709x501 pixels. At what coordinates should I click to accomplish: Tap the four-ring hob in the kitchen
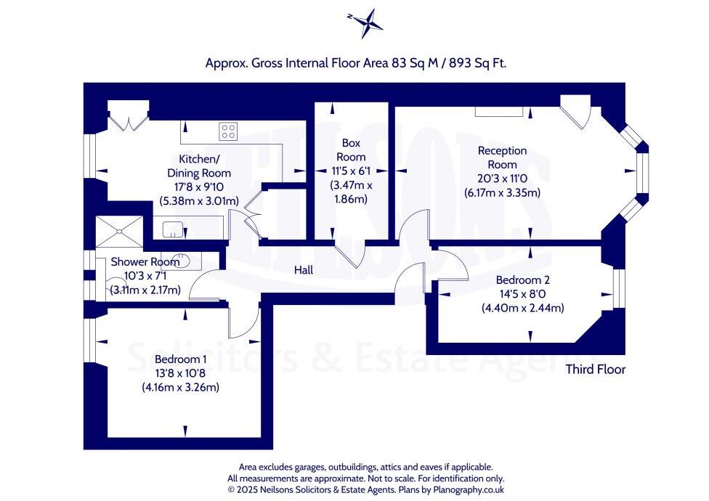pyautogui.click(x=228, y=131)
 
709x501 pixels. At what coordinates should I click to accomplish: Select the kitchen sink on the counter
pyautogui.click(x=172, y=229)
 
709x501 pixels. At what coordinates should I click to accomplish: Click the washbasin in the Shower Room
pyautogui.click(x=182, y=260)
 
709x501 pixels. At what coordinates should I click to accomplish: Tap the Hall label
pyautogui.click(x=304, y=270)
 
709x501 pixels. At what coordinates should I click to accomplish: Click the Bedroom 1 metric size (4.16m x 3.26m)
pyautogui.click(x=180, y=387)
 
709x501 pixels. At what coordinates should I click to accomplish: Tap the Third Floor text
pyautogui.click(x=596, y=369)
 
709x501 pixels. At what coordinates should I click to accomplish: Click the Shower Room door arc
pyautogui.click(x=206, y=284)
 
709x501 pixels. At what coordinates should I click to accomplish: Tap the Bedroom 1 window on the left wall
pyautogui.click(x=89, y=341)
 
